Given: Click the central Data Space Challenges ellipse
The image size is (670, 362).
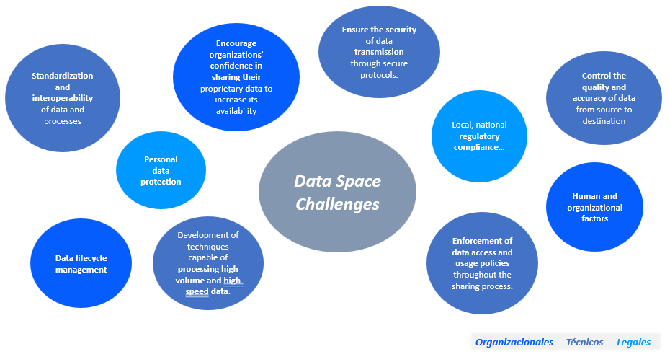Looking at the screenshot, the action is pos(337,192).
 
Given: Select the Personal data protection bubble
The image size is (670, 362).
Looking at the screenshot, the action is pos(161,170).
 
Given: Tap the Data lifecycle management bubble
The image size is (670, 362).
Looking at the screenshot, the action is pos(81,263).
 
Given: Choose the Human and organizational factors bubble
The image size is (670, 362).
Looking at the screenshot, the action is pos(594,207).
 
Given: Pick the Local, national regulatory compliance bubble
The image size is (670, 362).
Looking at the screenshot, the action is pos(479,136).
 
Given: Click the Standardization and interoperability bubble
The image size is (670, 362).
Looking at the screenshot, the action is pos(63,98).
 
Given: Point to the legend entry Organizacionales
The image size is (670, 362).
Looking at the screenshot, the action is pos(514,343).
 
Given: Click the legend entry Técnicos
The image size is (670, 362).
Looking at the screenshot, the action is pos(584,343).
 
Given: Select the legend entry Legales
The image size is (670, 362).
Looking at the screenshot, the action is pos(633,343).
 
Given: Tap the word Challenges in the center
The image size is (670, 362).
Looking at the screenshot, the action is pos(338,205).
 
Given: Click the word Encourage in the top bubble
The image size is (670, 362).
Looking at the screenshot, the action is pos(236,43).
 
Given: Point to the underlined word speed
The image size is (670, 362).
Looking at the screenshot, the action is pos(197,292).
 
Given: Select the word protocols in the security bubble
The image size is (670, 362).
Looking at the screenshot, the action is pos(378,75).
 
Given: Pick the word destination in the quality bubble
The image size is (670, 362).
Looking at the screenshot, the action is pos(604,121).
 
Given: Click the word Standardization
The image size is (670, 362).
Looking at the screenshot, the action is pos(63,76).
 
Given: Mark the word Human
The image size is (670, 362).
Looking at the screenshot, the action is pos(586,196).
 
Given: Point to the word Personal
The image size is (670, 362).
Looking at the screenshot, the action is pos(161,159).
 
